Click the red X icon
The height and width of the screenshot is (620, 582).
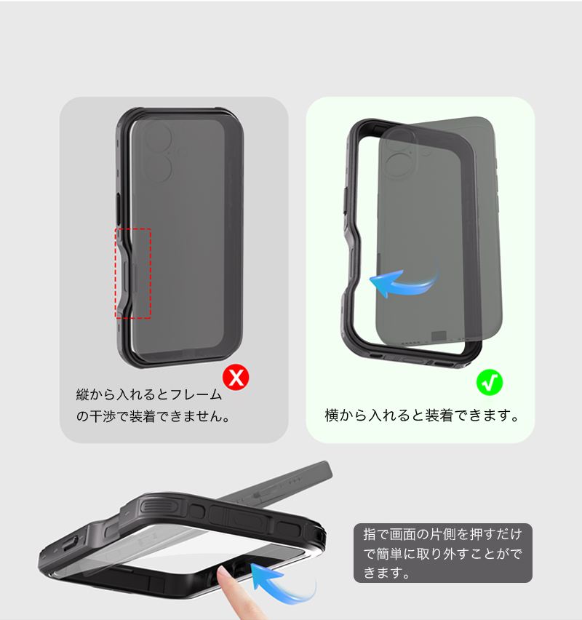point(236,378)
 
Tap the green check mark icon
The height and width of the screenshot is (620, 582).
point(490,382)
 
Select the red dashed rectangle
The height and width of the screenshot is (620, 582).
point(115,273)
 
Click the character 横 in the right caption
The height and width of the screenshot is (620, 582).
point(332,416)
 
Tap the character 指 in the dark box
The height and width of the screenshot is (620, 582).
point(370,534)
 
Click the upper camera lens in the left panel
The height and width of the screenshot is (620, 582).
point(158,135)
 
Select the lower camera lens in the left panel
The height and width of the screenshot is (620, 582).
point(158,168)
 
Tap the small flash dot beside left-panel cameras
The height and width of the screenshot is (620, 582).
point(183,153)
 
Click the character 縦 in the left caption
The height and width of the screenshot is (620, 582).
point(83,394)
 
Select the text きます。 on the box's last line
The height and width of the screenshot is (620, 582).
point(387,573)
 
